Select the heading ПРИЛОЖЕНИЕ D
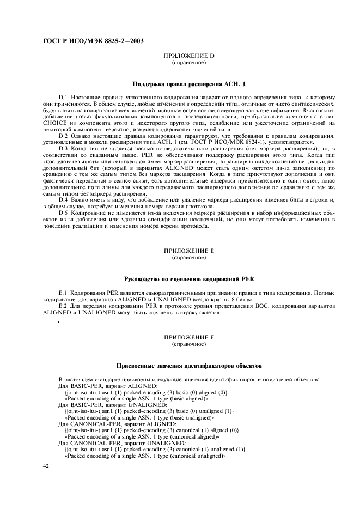(189, 57)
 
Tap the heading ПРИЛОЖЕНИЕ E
(189, 250)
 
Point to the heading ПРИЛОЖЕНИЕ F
(189, 338)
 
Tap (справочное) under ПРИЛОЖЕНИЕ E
(189, 257)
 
